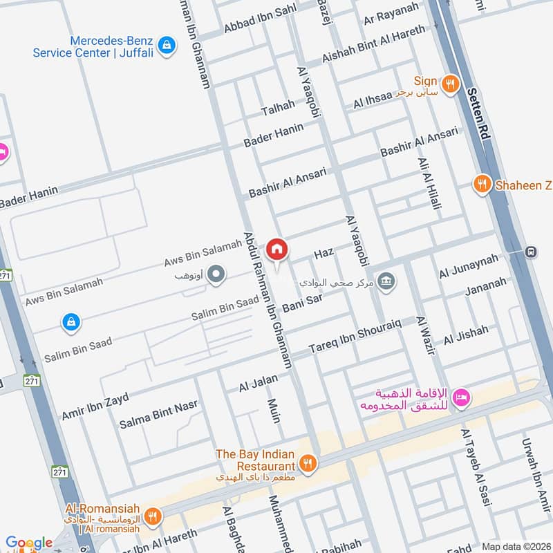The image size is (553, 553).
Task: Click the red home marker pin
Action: pos(276,249)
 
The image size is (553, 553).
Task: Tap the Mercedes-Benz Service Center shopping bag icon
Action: pos(166,46)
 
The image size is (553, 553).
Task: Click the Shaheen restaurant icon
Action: pos(482,184)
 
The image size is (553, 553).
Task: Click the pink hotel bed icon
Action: pos(462,397)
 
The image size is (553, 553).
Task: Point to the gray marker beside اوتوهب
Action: pos(216,276)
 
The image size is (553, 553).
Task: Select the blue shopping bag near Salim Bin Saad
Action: pos(71,321)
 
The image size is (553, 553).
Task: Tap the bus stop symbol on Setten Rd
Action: pos(531,252)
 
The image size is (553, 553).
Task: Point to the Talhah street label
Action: pos(278,109)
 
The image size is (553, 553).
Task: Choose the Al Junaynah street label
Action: pos(468,265)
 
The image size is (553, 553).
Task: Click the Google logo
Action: pos(29,543)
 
